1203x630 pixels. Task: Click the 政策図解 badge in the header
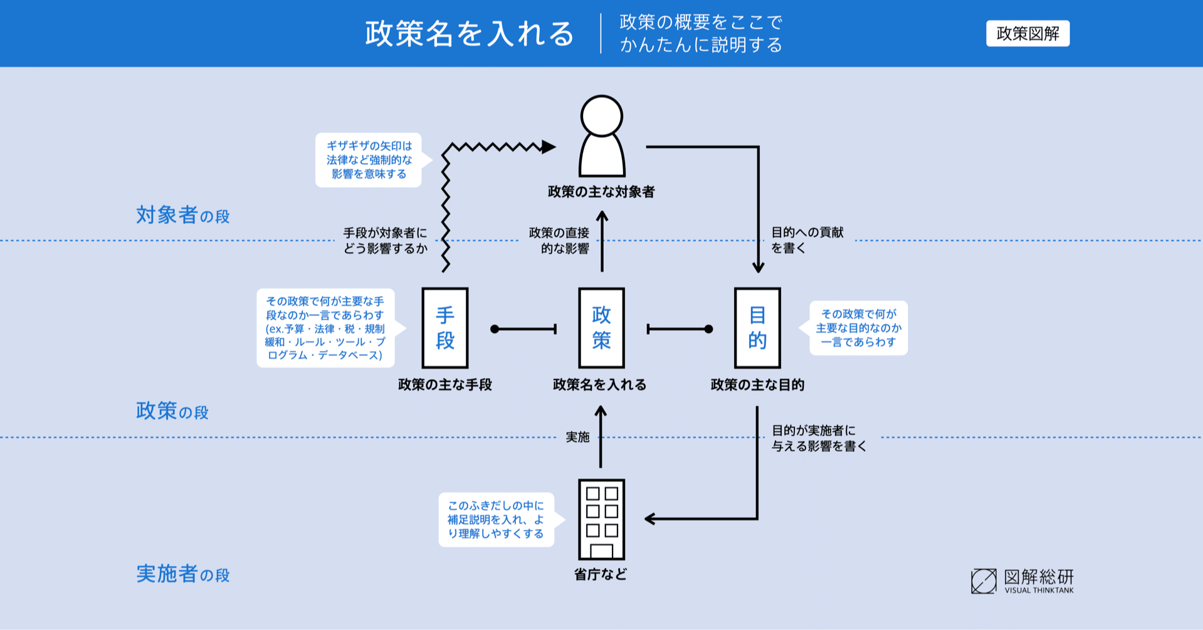click(1027, 34)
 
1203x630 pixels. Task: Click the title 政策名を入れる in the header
click(469, 34)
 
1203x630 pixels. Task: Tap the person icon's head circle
click(601, 116)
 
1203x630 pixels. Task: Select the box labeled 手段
click(445, 328)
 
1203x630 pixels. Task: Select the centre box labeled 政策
click(601, 328)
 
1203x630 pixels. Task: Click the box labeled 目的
click(757, 328)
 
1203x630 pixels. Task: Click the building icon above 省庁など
click(601, 519)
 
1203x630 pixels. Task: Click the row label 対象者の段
click(182, 216)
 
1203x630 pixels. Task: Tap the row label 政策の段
click(172, 411)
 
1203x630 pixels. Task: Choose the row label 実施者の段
click(182, 574)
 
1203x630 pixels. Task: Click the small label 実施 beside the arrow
click(577, 437)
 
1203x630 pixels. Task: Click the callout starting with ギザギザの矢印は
click(369, 160)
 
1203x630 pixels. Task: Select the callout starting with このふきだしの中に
click(496, 520)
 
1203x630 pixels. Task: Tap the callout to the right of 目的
click(858, 328)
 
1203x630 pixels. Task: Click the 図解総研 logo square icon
click(984, 581)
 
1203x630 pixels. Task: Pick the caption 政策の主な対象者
click(601, 192)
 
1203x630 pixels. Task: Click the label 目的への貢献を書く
click(807, 240)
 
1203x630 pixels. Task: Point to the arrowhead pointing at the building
click(650, 519)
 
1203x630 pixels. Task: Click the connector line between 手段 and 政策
click(524, 329)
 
